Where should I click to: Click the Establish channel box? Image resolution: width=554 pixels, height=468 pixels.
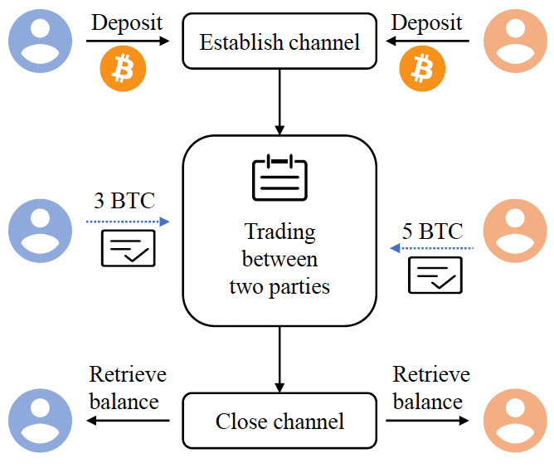pyautogui.click(x=279, y=41)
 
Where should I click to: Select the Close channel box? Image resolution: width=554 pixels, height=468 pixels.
pyautogui.click(x=279, y=421)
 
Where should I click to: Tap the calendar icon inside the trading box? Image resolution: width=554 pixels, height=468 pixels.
pyautogui.click(x=279, y=176)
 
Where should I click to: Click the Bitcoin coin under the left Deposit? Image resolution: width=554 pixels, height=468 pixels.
pyautogui.click(x=122, y=70)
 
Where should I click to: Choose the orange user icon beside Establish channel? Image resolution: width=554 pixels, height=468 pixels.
pyautogui.click(x=514, y=39)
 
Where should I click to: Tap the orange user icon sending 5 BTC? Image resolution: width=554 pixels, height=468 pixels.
pyautogui.click(x=514, y=227)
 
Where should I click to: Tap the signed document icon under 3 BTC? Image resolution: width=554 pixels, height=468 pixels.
pyautogui.click(x=128, y=248)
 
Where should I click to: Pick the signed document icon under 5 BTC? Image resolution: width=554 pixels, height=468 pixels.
pyautogui.click(x=435, y=275)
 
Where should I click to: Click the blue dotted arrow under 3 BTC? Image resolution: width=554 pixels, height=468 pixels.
pyautogui.click(x=127, y=222)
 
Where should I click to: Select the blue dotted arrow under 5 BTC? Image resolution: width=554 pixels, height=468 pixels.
pyautogui.click(x=431, y=248)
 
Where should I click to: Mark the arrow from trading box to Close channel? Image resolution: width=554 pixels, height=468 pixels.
pyautogui.click(x=279, y=358)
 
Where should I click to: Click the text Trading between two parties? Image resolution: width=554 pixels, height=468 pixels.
pyautogui.click(x=279, y=259)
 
